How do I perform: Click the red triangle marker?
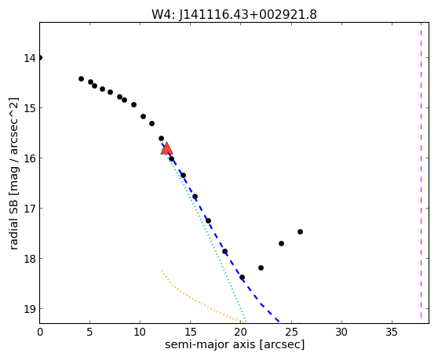pyautogui.click(x=166, y=148)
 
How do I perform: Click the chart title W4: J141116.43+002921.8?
pyautogui.click(x=234, y=14)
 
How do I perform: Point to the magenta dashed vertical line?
pyautogui.click(x=421, y=170)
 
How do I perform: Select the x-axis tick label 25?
pyautogui.click(x=291, y=332)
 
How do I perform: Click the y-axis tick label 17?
pyautogui.click(x=30, y=209)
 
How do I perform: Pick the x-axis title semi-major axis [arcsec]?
pyautogui.click(x=235, y=344)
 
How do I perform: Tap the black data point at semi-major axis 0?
pyautogui.click(x=40, y=58)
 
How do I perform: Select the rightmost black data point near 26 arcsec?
pyautogui.click(x=301, y=231)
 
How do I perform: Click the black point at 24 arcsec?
pyautogui.click(x=281, y=244)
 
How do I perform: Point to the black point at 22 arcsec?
pyautogui.click(x=261, y=268)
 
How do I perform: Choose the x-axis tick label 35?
pyautogui.click(x=392, y=332)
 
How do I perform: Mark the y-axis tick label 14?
pyautogui.click(x=30, y=58)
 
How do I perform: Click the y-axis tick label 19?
pyautogui.click(x=30, y=309)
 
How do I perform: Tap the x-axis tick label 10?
pyautogui.click(x=140, y=332)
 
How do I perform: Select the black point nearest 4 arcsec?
pyautogui.click(x=82, y=79)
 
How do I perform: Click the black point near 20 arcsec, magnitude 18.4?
pyautogui.click(x=243, y=278)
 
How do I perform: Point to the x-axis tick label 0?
pyautogui.click(x=40, y=332)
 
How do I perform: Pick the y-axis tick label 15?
pyautogui.click(x=30, y=108)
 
